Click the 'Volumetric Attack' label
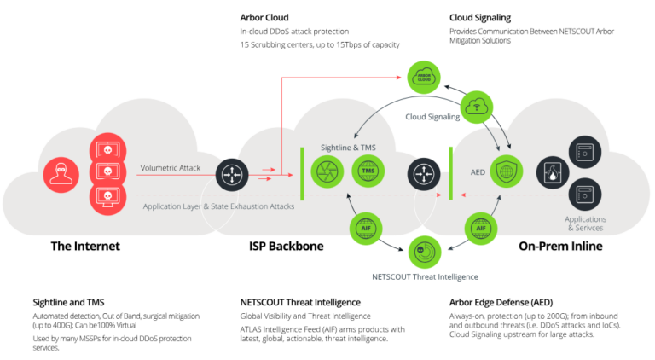tap(171, 168)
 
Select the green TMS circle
tap(368, 171)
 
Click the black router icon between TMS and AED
tap(422, 171)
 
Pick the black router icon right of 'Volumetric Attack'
tap(230, 171)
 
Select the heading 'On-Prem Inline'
tap(560, 247)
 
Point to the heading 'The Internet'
tap(85, 247)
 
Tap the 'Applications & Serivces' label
tap(585, 224)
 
